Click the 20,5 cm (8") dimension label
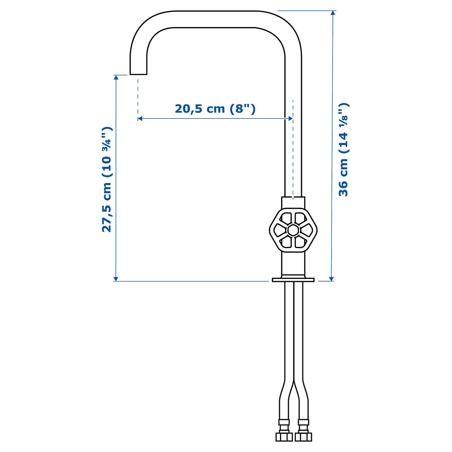tap(215, 109)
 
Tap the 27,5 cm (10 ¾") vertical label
tap(107, 180)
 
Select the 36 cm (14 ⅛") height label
tap(344, 150)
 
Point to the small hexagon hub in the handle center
tap(293, 230)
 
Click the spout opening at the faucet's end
tap(138, 74)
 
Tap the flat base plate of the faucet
tap(293, 280)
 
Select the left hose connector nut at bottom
tap(284, 437)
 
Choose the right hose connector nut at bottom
tap(303, 437)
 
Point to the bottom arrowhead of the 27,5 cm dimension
tap(116, 279)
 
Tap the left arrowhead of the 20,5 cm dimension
tap(140, 118)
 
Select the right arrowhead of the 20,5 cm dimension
tap(291, 118)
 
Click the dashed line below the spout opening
tap(138, 97)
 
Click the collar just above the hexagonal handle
tap(293, 202)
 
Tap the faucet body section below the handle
tap(293, 263)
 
